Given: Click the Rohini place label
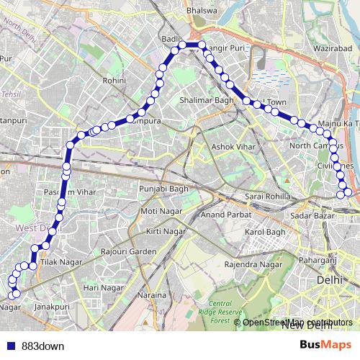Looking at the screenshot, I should click(x=114, y=82).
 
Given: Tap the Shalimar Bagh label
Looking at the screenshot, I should click(x=207, y=100).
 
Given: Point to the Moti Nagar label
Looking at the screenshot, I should click(x=159, y=210).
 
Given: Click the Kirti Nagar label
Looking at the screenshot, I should click(x=163, y=231).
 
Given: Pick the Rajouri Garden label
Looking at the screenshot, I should click(x=129, y=251).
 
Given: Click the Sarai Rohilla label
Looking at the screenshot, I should click(x=267, y=196).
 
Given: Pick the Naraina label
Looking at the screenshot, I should click(x=153, y=295).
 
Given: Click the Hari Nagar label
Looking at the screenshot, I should click(x=100, y=287).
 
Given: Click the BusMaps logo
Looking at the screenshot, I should click(x=325, y=346).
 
